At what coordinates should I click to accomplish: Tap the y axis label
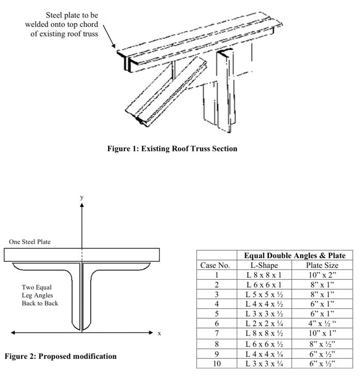(81, 197)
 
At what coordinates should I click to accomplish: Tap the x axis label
(159, 334)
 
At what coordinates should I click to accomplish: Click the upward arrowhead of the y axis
(81, 205)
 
